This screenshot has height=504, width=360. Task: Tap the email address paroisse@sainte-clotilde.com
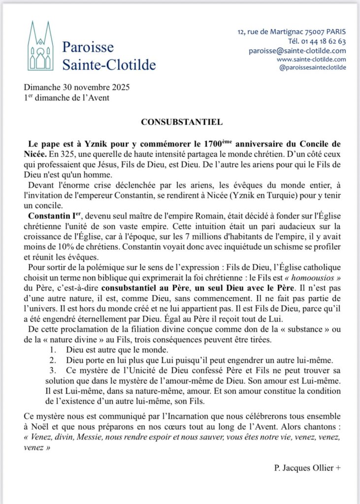coord(297,51)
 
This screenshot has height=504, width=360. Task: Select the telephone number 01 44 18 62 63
coord(319,41)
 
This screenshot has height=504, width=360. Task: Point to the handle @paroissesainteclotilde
coord(312,67)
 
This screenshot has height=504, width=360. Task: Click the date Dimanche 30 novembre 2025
coord(77,88)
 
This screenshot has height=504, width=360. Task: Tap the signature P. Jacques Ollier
coord(307,468)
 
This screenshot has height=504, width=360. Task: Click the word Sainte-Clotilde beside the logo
coord(109,64)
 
